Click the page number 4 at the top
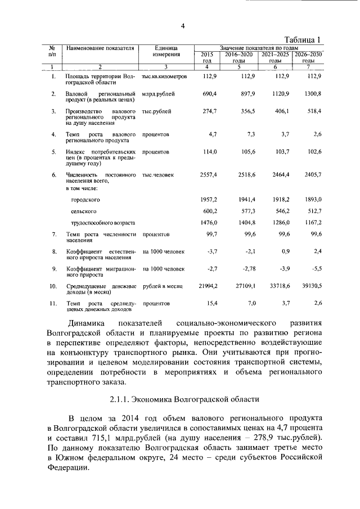(183, 26)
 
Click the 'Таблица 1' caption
(303, 39)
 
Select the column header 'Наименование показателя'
(100, 48)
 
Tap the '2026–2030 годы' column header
(308, 57)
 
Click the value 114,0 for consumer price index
(209, 152)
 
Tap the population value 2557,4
(208, 175)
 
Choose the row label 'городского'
(85, 200)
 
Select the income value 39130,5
(310, 286)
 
